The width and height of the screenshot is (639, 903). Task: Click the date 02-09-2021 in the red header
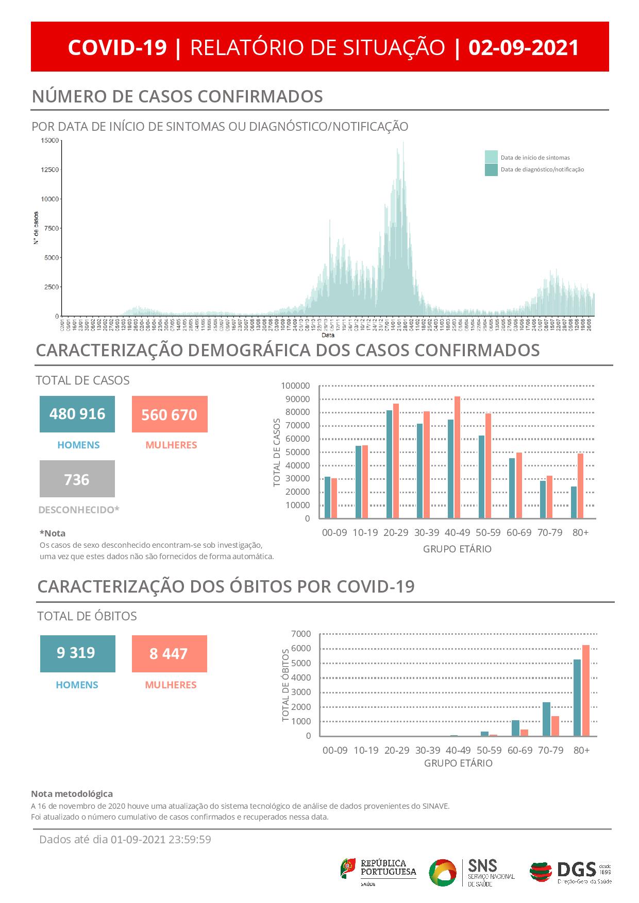coord(524,47)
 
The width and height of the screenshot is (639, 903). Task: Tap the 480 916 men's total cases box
coord(77,414)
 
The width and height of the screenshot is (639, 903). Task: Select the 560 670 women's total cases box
coord(170,414)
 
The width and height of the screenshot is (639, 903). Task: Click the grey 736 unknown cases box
coord(77,479)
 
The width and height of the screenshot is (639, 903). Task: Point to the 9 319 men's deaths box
coord(77,653)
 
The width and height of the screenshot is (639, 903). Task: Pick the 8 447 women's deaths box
coord(169,653)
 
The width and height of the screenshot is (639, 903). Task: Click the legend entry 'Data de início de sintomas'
coord(535,158)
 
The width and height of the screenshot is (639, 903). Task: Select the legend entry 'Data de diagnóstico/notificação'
coord(542,169)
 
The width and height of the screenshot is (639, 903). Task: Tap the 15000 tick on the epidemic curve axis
coord(49,141)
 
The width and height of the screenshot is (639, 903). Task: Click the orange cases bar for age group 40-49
coord(457,457)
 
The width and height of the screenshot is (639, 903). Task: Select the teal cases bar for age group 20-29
coord(389,464)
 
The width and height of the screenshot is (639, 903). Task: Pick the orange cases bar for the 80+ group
coord(580,485)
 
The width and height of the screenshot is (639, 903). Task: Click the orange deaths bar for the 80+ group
coord(585,690)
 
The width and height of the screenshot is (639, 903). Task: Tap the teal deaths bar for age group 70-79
coord(546,719)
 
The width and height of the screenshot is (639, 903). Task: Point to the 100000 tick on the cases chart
coord(295,386)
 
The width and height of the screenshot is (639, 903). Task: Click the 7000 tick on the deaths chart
coord(301,634)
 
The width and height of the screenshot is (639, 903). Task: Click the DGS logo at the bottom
coord(570,872)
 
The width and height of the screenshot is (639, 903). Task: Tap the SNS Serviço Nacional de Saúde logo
coord(472,872)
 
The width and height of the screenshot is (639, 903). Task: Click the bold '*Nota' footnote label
coord(53,533)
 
